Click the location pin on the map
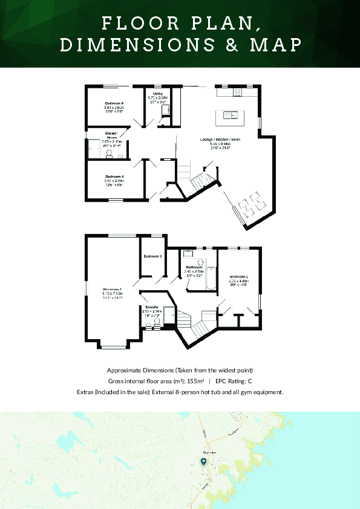pos(203,461)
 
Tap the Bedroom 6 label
pos(114,103)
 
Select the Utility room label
pos(157,94)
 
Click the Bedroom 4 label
pos(114,177)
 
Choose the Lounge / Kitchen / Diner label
pos(220,139)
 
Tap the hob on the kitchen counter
pos(237,91)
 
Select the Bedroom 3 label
pos(152,256)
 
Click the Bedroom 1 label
pos(112,289)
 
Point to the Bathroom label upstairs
pos(194,267)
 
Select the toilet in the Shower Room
pos(109,154)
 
